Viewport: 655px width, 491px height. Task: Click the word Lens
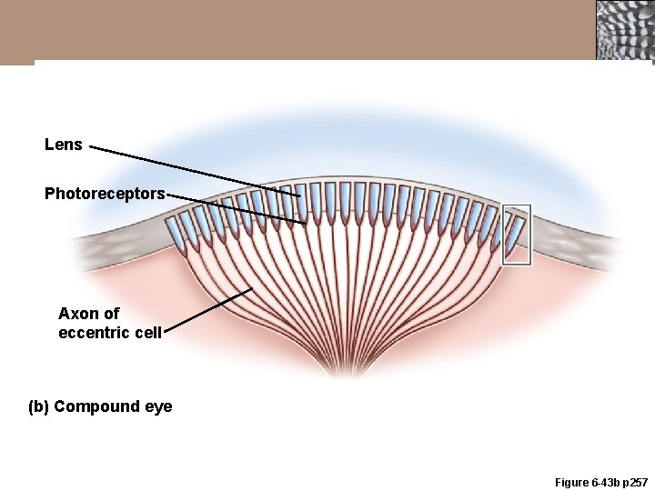(64, 145)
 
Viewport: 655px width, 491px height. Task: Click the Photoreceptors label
(105, 194)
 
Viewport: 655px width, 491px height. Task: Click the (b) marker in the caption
(39, 406)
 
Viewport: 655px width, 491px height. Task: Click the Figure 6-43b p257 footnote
(588, 482)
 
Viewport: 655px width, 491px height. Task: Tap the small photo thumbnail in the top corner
(624, 31)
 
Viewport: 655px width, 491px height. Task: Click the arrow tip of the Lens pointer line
(301, 194)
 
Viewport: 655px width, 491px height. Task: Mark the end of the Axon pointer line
(252, 289)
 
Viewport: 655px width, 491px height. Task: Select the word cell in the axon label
(147, 333)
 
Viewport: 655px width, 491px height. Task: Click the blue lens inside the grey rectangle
(516, 230)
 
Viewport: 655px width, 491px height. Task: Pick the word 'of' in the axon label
(109, 314)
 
